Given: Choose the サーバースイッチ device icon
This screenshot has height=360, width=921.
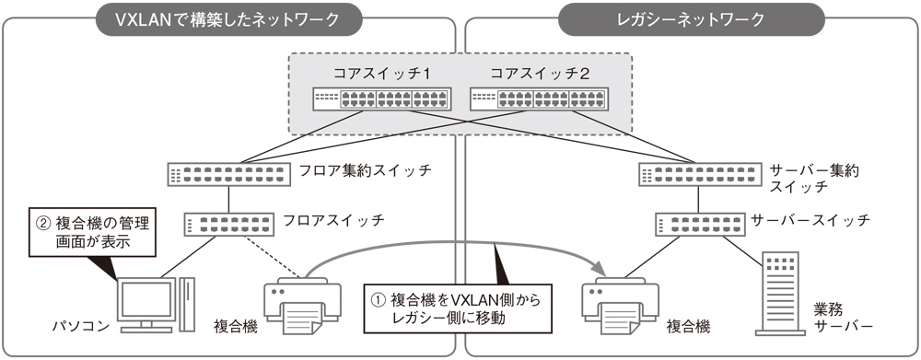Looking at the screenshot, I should click(x=699, y=223).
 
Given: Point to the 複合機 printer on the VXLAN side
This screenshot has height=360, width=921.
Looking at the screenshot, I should click(x=296, y=303).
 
